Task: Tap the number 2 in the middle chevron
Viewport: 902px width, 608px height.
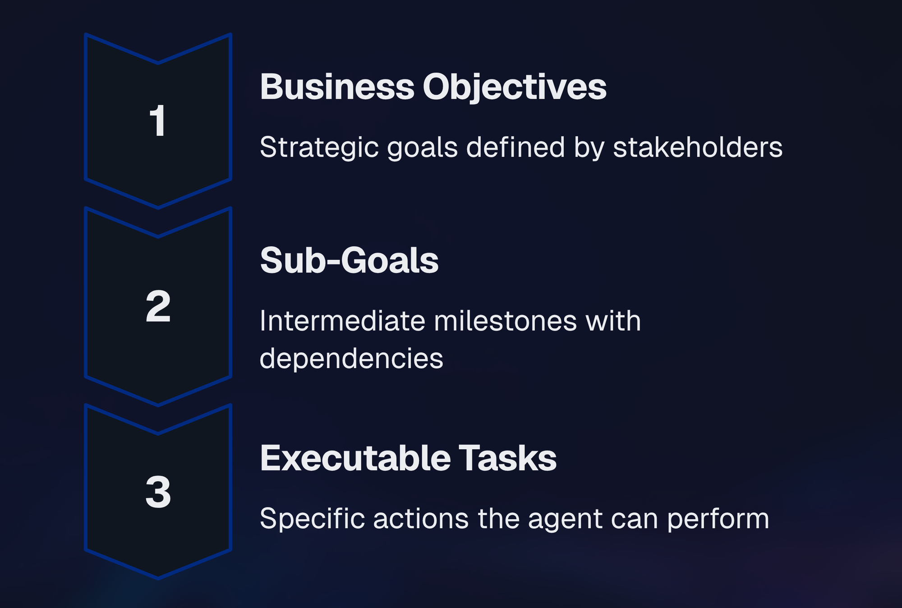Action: click(158, 307)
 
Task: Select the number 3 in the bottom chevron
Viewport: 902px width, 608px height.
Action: click(158, 492)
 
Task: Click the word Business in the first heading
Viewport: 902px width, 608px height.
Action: click(337, 87)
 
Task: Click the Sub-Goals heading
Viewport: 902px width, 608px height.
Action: click(349, 260)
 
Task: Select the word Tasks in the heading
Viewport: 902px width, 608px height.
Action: click(508, 458)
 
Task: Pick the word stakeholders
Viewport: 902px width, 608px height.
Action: click(698, 147)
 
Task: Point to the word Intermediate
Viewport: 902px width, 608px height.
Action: click(342, 321)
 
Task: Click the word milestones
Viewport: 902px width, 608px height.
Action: click(505, 321)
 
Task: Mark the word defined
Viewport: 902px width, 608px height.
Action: click(515, 147)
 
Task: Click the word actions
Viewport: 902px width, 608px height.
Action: click(421, 518)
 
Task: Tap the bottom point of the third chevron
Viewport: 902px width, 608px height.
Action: click(158, 579)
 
